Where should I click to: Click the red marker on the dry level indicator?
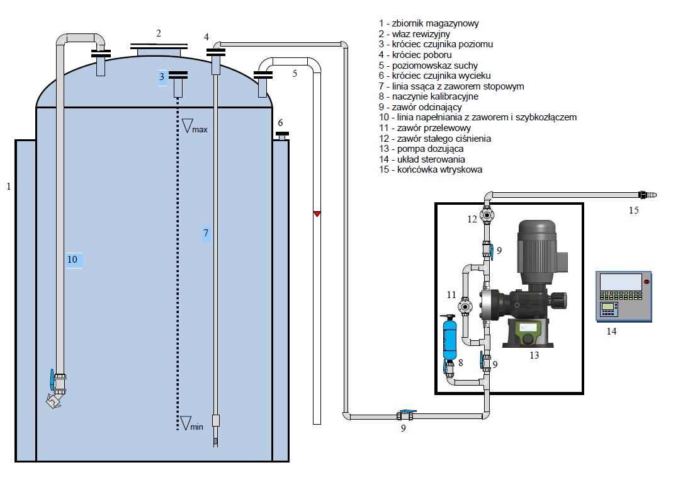[x=317, y=214]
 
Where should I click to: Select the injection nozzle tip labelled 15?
[x=647, y=195]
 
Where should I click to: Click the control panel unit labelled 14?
[x=623, y=296]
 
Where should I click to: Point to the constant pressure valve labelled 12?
[x=487, y=215]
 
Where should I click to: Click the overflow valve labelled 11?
[x=466, y=307]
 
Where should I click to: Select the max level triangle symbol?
[x=187, y=125]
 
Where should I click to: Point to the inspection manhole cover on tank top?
[x=159, y=47]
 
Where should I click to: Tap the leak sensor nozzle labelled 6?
[x=282, y=135]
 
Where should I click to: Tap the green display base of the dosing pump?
[x=528, y=331]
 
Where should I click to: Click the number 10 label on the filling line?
[x=74, y=259]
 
